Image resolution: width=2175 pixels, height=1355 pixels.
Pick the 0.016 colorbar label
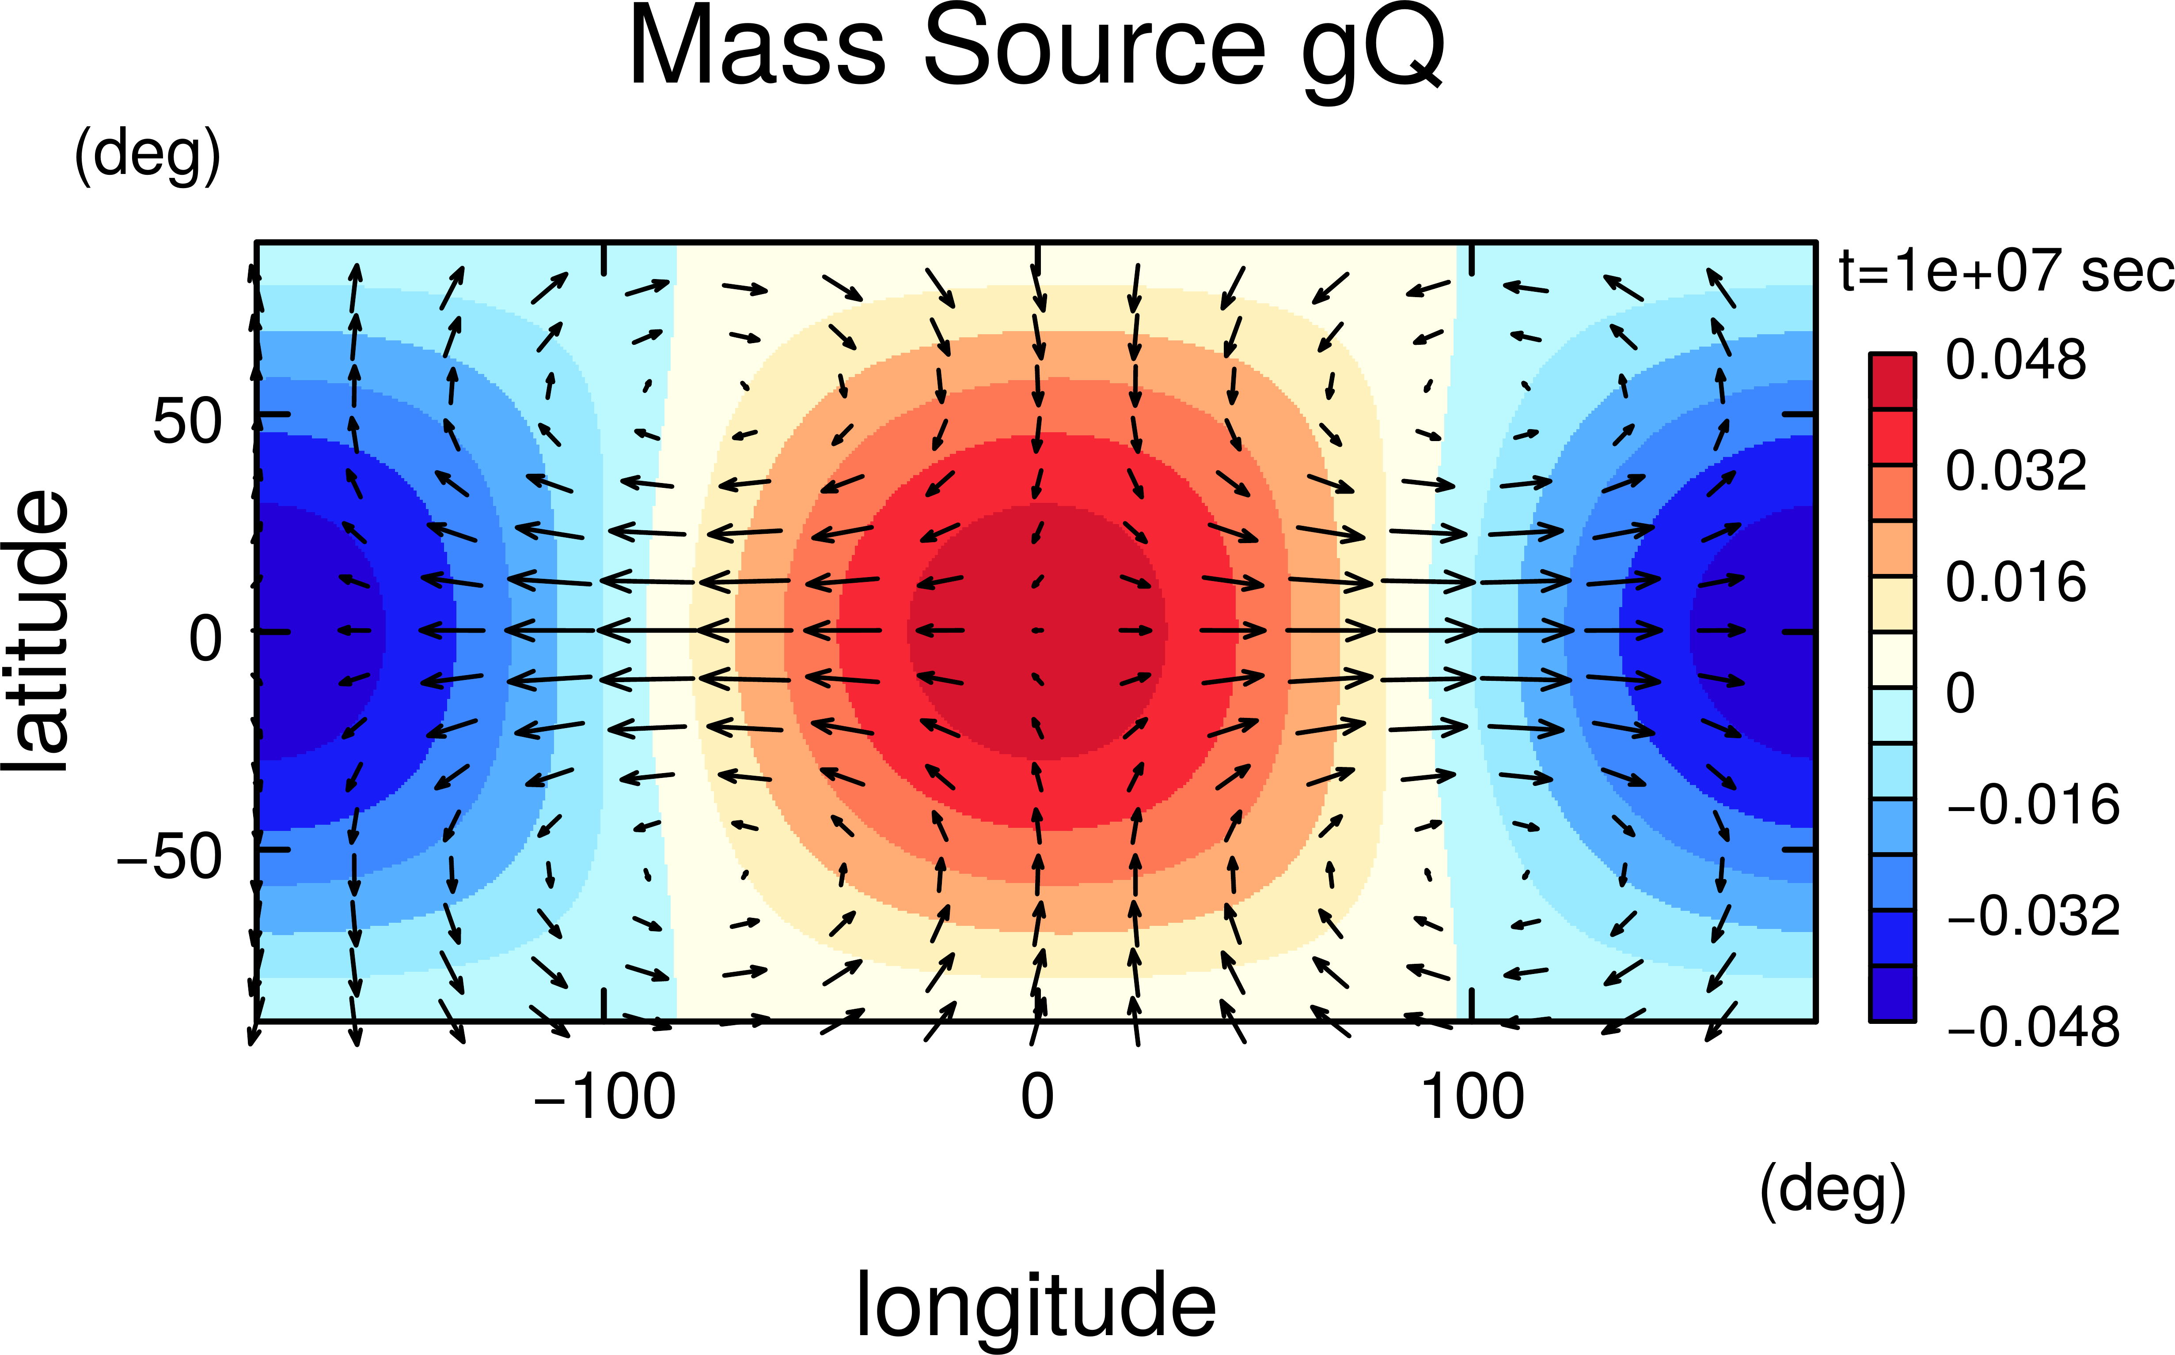[2016, 582]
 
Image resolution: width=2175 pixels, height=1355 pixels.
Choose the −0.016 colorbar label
[2031, 805]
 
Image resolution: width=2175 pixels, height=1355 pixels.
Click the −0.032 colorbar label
[2031, 916]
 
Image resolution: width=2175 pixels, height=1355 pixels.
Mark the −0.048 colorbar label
[2031, 1027]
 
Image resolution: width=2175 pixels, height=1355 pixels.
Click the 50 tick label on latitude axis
[186, 421]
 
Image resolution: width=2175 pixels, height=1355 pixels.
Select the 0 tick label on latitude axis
[205, 639]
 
